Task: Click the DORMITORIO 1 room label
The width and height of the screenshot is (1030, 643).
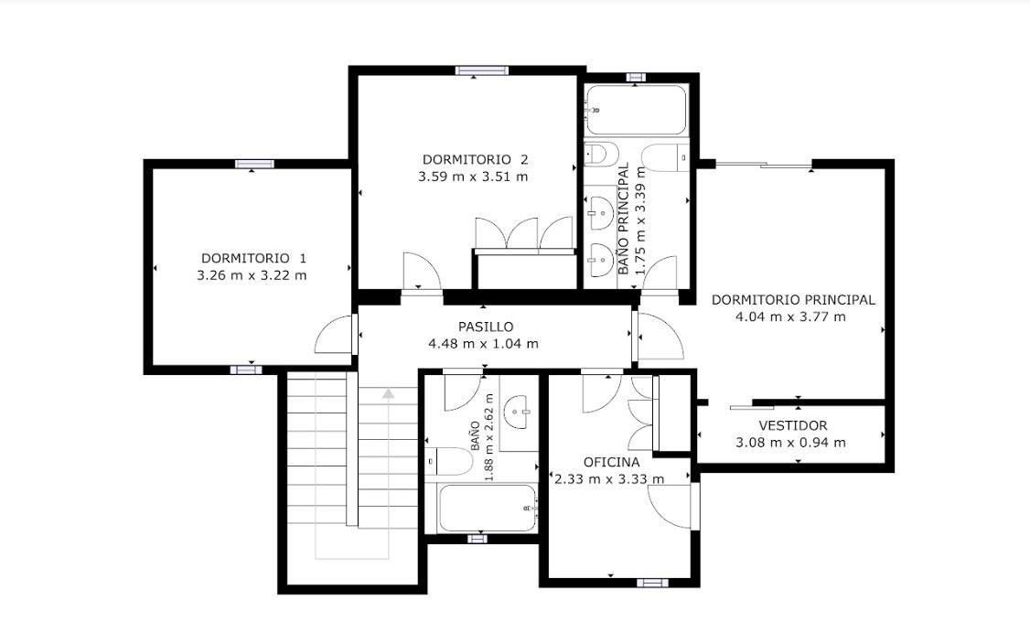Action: [x=253, y=258]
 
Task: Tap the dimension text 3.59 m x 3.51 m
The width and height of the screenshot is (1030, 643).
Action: [x=473, y=176]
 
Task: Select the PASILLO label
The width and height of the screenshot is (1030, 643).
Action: [x=486, y=327]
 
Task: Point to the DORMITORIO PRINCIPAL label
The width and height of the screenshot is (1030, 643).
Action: [x=793, y=299]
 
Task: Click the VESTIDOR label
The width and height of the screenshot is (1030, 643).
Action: [x=793, y=425]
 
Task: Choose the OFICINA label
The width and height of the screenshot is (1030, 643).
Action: [x=611, y=463]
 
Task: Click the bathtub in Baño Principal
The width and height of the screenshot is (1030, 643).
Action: [x=636, y=110]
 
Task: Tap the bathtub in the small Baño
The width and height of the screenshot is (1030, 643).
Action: [x=488, y=509]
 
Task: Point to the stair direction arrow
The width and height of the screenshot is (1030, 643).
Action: [x=388, y=393]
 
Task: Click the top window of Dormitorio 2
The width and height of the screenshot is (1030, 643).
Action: [x=482, y=71]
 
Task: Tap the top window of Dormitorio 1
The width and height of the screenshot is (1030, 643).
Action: [x=254, y=165]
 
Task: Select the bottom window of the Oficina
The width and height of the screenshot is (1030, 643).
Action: [x=652, y=583]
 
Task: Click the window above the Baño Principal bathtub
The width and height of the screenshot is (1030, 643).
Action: [x=635, y=77]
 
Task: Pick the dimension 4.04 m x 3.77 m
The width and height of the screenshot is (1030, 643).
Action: [x=791, y=316]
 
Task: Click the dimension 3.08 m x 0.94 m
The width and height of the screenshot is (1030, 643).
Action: [x=791, y=443]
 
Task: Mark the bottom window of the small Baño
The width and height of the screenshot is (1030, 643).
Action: [x=477, y=539]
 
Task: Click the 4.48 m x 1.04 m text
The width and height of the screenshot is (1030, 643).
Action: [x=484, y=344]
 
